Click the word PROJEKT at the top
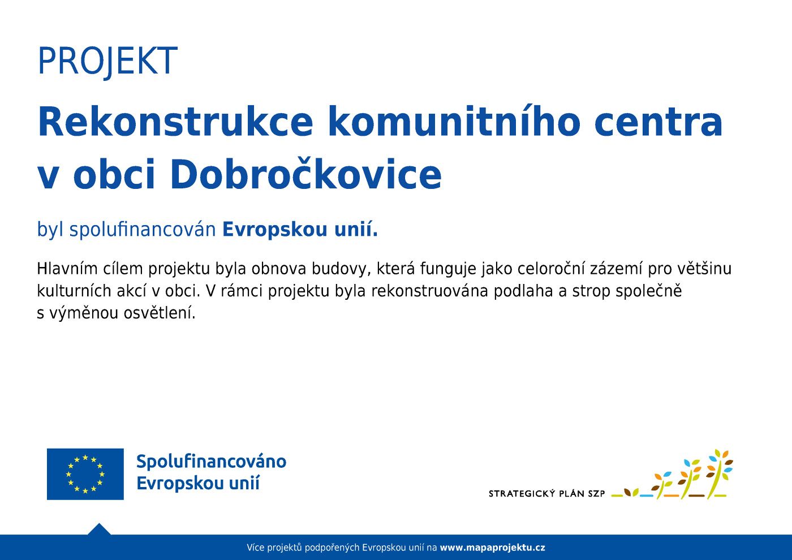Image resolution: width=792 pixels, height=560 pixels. click(107, 61)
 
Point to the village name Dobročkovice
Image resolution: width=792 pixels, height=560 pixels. click(305, 174)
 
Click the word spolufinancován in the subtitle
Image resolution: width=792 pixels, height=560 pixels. click(143, 230)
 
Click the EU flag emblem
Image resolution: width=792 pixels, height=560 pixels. click(85, 474)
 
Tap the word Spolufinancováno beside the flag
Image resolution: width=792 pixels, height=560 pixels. click(211, 462)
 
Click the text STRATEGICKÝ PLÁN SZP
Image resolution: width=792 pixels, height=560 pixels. click(546, 494)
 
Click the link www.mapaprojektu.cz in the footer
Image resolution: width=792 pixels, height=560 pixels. click(492, 548)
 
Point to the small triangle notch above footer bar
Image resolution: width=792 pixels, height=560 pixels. click(100, 529)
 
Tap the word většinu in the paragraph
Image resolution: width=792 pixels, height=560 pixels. click(703, 269)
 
